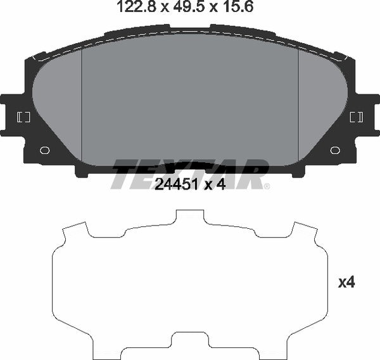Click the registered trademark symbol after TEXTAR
pos(267,186)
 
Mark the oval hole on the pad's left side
pos(44,151)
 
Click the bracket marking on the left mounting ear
pos(23,117)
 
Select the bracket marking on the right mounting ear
pos(357,117)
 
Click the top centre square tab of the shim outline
pos(189,217)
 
